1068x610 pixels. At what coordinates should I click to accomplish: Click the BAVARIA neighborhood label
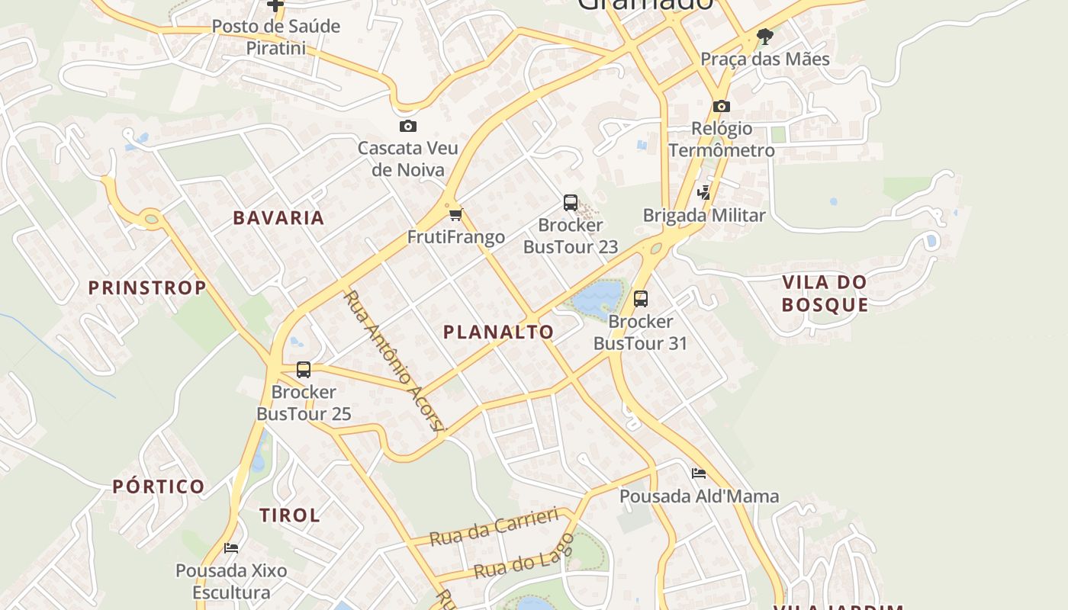pos(278,218)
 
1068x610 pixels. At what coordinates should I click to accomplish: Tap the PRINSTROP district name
pos(147,287)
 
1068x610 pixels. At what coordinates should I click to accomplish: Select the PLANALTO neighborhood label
pos(498,332)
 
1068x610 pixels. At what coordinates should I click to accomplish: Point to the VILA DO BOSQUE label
pos(825,294)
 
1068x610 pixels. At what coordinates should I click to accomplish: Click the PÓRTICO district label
pos(159,486)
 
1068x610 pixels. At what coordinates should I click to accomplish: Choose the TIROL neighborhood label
pos(290,515)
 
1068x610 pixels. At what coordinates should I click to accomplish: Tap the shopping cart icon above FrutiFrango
pos(455,214)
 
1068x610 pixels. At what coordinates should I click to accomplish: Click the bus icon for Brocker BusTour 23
pos(571,202)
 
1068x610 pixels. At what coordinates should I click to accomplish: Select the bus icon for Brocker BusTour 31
pos(641,298)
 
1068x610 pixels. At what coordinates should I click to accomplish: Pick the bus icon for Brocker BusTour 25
pos(304,370)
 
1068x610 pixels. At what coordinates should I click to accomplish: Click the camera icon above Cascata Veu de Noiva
pos(408,126)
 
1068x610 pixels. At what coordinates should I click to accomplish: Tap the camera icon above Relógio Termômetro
pos(722,106)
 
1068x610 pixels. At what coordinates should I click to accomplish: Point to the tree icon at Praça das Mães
pos(764,36)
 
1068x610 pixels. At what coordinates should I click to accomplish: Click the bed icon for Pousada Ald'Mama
pos(699,474)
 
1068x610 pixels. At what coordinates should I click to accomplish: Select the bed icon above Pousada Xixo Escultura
pos(231,547)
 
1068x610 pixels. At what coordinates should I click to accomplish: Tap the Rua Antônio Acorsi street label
pos(393,360)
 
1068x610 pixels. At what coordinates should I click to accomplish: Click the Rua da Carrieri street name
pos(494,527)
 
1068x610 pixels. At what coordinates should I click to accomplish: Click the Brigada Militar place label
pos(703,215)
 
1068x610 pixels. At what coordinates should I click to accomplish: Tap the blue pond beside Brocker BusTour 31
pos(597,300)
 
